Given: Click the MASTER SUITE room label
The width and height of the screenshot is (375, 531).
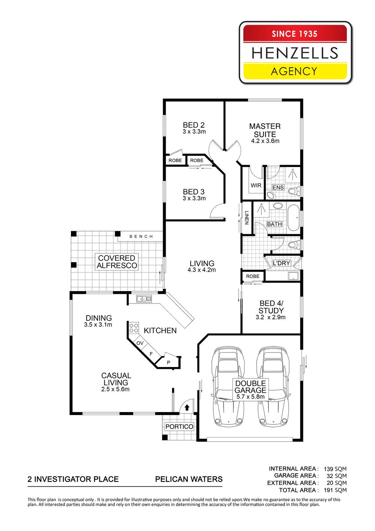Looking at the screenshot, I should (x=265, y=130).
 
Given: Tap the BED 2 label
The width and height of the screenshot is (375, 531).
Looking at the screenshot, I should (x=193, y=125).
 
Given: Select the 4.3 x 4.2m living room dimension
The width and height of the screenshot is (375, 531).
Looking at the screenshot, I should (x=202, y=270).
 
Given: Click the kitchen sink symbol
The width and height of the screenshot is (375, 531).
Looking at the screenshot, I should (x=144, y=299).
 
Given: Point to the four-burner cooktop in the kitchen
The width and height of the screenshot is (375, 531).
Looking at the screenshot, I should (x=133, y=329).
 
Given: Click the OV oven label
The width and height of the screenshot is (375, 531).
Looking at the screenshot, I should (x=140, y=343).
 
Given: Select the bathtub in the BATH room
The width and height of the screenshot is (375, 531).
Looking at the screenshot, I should (x=293, y=218).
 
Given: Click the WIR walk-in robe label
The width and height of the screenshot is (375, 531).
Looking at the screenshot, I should (x=256, y=185).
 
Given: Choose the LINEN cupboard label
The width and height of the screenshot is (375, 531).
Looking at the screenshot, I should (x=247, y=218).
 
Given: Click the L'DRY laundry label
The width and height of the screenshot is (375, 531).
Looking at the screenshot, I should (x=281, y=263).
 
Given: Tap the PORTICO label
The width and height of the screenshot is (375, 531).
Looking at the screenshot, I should (x=179, y=427).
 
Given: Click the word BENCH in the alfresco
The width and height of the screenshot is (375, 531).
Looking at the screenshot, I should (x=141, y=236).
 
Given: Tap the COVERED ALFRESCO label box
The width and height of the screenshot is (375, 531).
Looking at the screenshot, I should (x=116, y=262).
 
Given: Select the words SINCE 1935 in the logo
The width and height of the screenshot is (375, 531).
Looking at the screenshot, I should (x=294, y=34).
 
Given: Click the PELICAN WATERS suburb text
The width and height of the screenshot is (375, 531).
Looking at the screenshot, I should (x=189, y=479).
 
